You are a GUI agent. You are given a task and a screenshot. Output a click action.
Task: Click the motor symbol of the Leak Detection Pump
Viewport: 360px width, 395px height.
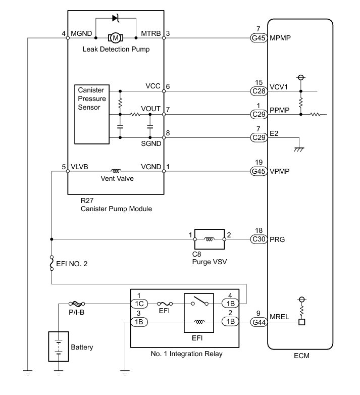(x=116, y=38)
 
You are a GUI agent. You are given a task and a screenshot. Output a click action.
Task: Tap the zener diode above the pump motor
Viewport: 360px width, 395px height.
(x=116, y=18)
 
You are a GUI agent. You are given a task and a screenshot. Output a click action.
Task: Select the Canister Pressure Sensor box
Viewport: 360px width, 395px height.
(x=92, y=114)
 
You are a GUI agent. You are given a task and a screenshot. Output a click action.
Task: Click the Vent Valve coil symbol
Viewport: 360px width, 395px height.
(x=116, y=171)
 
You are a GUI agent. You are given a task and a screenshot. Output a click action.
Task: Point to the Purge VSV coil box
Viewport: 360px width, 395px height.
(x=210, y=239)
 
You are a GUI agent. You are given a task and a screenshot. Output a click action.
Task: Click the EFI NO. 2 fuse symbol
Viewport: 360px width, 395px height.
(x=52, y=263)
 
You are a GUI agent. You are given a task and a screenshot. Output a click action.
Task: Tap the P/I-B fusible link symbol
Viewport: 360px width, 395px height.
(x=77, y=304)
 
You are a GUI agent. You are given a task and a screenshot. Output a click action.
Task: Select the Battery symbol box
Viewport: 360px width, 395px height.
(x=59, y=347)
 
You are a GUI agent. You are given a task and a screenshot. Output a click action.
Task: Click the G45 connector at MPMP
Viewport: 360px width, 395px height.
(x=259, y=38)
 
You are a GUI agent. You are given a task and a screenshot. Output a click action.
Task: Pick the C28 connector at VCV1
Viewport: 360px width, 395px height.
(x=259, y=91)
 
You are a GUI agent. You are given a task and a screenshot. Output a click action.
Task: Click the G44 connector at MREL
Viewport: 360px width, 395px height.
(x=259, y=322)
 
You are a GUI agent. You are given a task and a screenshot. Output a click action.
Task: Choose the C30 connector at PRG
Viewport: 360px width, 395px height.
(x=259, y=239)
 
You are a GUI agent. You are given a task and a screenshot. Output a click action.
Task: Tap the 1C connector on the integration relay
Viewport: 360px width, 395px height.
(x=139, y=304)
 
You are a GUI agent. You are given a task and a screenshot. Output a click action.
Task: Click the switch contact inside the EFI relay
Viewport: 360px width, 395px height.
(x=199, y=301)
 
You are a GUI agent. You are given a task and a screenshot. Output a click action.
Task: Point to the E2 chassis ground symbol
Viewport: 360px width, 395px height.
(x=299, y=150)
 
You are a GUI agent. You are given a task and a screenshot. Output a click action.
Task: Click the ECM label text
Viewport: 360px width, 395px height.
(x=301, y=356)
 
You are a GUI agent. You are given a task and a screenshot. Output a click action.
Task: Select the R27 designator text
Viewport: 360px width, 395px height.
(x=87, y=201)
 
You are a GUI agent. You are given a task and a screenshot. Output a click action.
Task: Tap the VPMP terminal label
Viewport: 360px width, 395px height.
(x=279, y=171)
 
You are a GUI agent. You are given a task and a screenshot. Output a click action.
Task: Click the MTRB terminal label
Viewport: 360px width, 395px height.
(x=150, y=33)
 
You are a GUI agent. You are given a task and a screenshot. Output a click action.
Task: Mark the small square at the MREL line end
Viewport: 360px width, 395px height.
(x=301, y=322)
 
